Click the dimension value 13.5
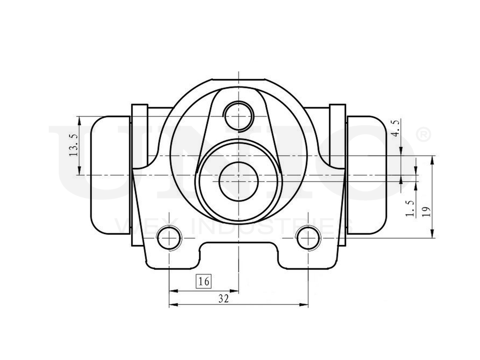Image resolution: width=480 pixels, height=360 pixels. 73,145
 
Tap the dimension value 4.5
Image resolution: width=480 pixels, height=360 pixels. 396,129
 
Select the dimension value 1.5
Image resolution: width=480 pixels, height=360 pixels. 409,208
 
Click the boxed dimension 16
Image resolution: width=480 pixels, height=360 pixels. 204,281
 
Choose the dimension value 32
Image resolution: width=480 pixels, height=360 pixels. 223,299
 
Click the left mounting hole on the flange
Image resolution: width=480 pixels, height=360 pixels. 169,237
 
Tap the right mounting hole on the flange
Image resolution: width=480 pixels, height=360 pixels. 308,237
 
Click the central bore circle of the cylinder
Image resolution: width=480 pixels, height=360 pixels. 239,180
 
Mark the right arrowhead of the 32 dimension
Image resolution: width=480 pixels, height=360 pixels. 305,304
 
